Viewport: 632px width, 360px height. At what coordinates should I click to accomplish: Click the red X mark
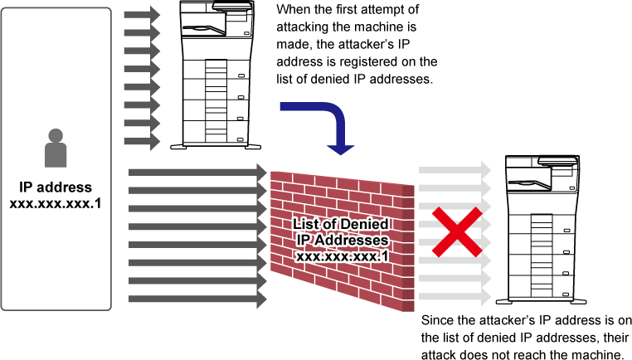pos(456,231)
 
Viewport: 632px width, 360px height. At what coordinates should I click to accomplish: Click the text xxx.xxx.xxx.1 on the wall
pos(343,256)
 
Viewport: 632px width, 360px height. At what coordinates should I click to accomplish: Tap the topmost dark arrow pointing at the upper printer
pos(142,15)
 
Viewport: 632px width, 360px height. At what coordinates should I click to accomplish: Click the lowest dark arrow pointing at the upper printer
pos(142,142)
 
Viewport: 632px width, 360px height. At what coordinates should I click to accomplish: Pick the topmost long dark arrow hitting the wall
pos(197,172)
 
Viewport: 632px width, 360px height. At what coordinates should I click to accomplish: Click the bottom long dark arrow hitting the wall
pos(197,299)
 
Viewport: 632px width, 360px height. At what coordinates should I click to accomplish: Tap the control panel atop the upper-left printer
pos(233,7)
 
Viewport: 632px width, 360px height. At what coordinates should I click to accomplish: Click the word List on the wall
pos(308,226)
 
